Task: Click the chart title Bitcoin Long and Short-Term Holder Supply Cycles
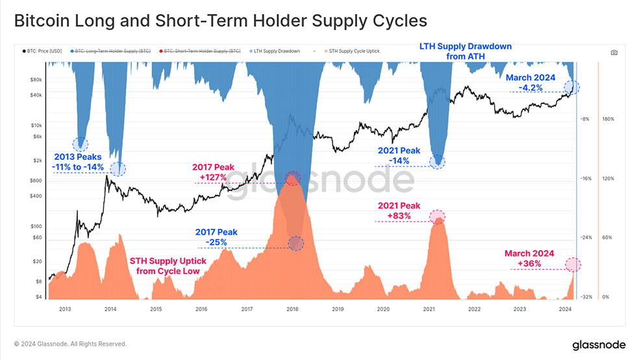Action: point(220,21)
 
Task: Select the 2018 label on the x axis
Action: point(292,309)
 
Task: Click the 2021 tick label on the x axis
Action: point(429,309)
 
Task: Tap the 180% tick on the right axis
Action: point(609,119)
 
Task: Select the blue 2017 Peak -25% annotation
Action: point(216,237)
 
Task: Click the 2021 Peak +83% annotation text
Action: point(399,211)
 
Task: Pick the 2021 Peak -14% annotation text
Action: point(399,155)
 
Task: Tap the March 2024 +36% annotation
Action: point(529,259)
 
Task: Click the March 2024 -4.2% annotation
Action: point(531,82)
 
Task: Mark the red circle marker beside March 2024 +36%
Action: point(572,264)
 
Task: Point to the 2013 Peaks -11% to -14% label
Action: point(79,162)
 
